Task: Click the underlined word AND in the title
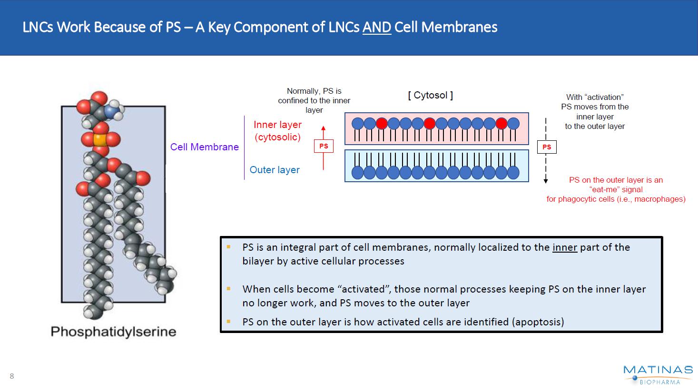(376, 27)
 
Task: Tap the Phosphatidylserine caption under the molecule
(113, 332)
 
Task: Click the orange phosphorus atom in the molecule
(100, 140)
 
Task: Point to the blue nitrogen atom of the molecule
(111, 111)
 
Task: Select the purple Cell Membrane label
(205, 147)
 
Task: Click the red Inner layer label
(277, 125)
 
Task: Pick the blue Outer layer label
(275, 170)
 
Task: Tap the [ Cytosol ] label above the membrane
(430, 95)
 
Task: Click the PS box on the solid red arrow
(324, 146)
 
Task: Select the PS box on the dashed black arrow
(547, 147)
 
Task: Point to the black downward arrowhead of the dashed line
(546, 180)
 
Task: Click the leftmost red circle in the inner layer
(382, 124)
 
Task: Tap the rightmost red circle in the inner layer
(501, 124)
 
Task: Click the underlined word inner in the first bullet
(564, 247)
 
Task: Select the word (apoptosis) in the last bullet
(538, 322)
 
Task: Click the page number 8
(12, 376)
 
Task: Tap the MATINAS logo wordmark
(658, 370)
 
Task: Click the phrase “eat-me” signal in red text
(616, 189)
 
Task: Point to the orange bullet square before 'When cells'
(229, 288)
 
